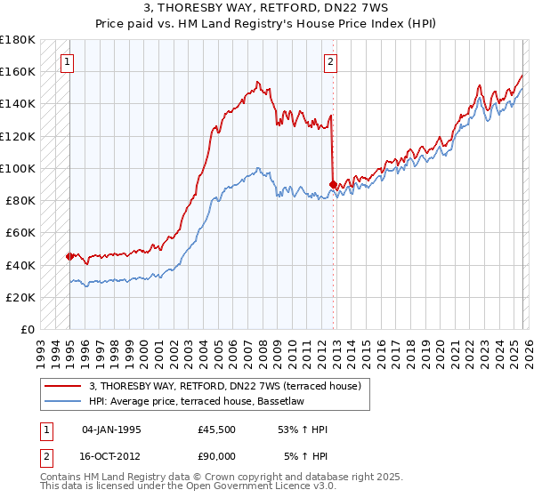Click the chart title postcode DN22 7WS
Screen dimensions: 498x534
tap(334, 9)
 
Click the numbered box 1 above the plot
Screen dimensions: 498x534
tap(69, 62)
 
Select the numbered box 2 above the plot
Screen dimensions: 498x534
tap(330, 62)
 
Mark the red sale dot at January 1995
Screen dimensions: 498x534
tap(69, 256)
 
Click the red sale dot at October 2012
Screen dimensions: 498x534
tap(332, 184)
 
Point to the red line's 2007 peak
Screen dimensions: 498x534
tap(256, 83)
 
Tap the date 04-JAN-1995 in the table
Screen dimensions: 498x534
tap(111, 430)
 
